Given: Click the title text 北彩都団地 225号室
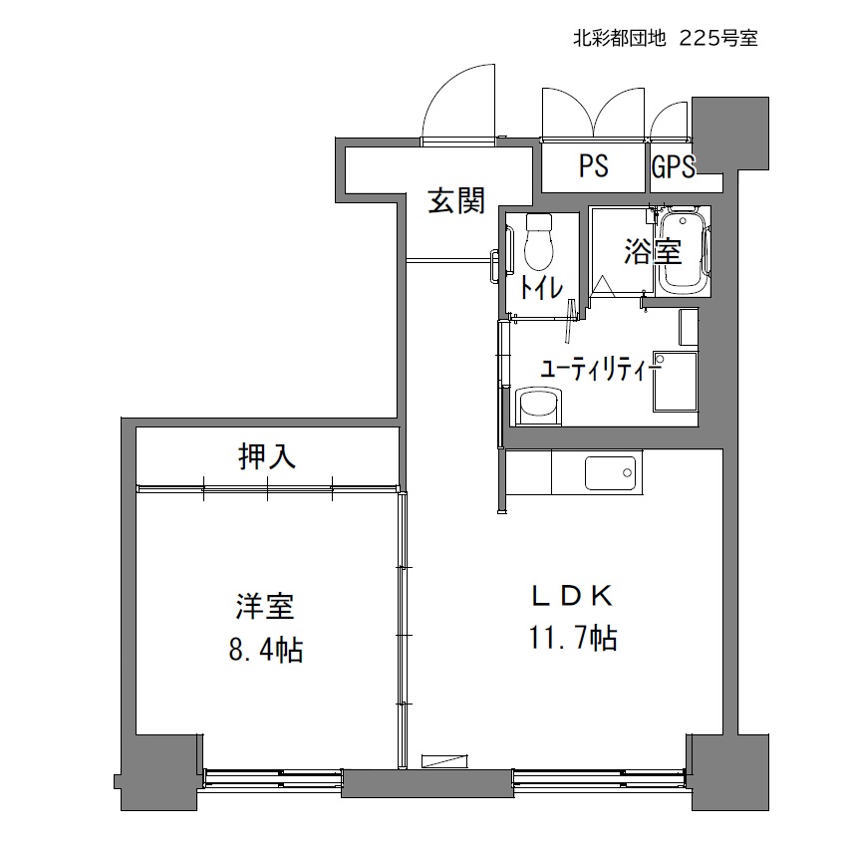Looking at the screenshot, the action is (x=665, y=38).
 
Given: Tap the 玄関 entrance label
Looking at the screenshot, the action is (x=456, y=201).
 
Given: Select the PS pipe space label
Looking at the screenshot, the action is (x=594, y=165).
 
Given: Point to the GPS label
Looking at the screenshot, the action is (x=674, y=166).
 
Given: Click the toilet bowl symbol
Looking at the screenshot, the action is (x=539, y=241).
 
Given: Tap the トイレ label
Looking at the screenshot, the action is (x=541, y=288).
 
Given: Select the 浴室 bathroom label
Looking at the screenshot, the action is (x=653, y=251).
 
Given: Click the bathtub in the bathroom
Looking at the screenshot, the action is (x=682, y=251).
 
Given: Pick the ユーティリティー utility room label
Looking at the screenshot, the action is (x=601, y=371).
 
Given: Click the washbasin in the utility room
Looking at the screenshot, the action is (x=539, y=405).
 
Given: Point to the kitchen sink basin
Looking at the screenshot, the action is (x=610, y=473).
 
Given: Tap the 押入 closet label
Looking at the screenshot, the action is (x=267, y=456).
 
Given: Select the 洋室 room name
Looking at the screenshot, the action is (x=265, y=607).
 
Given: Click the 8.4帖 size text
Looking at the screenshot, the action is (x=265, y=649).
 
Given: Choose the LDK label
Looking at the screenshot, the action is (x=573, y=596).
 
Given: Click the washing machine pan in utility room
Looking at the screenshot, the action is (x=675, y=382).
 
